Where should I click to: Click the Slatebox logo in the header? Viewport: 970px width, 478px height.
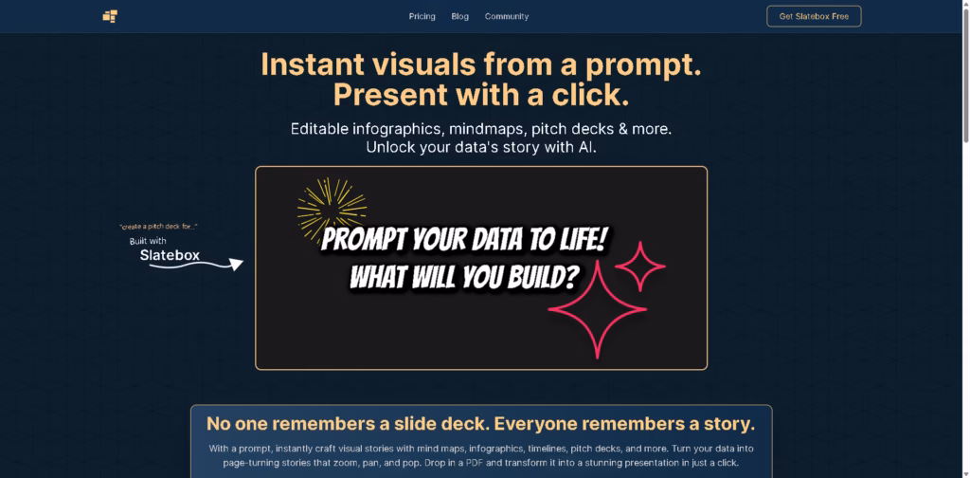coord(110,16)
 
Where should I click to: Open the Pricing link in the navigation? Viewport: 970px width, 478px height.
coord(422,17)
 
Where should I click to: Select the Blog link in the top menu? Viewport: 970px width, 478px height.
coord(459,17)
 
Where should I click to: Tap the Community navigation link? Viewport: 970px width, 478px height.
coord(507,17)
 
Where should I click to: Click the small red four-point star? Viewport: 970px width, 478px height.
coord(640,267)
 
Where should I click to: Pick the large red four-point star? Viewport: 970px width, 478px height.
coord(598,309)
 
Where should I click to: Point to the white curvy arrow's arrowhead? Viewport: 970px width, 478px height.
coord(236,264)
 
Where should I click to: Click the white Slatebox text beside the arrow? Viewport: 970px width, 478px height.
coord(170,254)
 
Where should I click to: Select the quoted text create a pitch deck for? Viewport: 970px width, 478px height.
coord(158,227)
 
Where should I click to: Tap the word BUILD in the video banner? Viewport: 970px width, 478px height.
coord(536,277)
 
